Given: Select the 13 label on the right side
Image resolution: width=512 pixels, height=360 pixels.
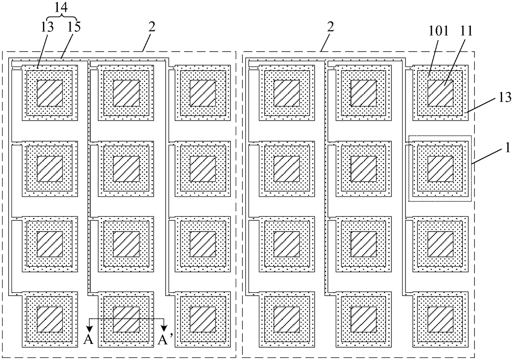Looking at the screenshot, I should (505, 98).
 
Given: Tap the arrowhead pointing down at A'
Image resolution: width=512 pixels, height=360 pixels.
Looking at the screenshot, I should (164, 328).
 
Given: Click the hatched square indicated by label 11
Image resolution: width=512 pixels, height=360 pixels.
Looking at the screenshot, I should (440, 93).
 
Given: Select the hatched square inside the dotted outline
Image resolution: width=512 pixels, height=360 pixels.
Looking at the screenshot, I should (440, 169).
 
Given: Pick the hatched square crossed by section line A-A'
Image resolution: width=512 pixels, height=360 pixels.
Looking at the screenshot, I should (126, 320).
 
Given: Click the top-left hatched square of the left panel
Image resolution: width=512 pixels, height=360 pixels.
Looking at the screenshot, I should (50, 93).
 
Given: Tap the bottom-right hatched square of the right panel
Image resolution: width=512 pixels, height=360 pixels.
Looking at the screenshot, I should (440, 320).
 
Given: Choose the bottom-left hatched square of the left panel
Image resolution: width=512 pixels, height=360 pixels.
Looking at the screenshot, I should (50, 320).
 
